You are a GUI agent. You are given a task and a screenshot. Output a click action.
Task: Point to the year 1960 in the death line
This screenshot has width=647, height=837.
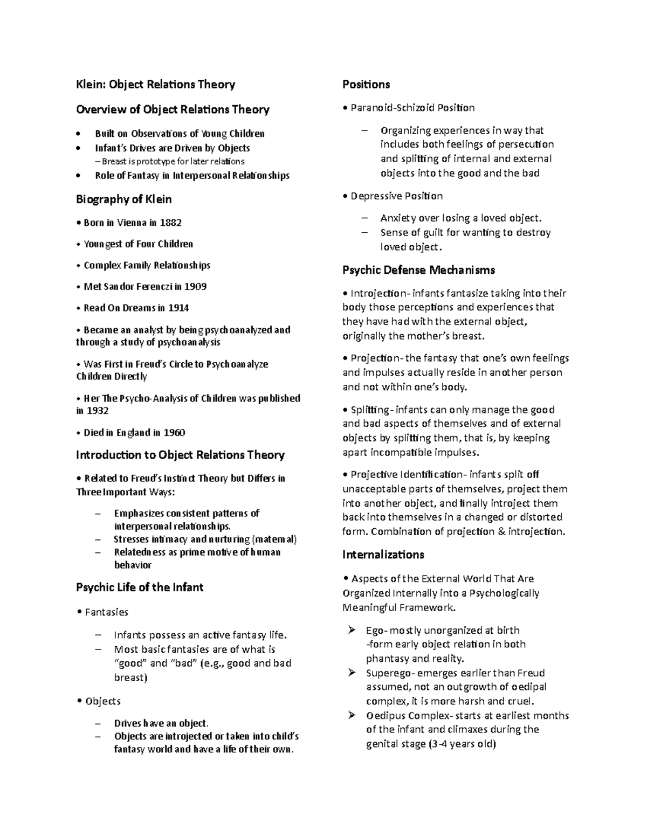coord(174,433)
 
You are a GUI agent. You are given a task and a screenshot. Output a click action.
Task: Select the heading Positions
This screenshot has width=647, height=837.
coord(366,85)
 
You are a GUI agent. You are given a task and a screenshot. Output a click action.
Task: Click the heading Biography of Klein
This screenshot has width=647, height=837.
coord(124,199)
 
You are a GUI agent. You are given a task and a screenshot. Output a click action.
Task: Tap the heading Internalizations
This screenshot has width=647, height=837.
coord(383,555)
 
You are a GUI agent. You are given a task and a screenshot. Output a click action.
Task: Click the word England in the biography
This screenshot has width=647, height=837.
coord(133,433)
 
